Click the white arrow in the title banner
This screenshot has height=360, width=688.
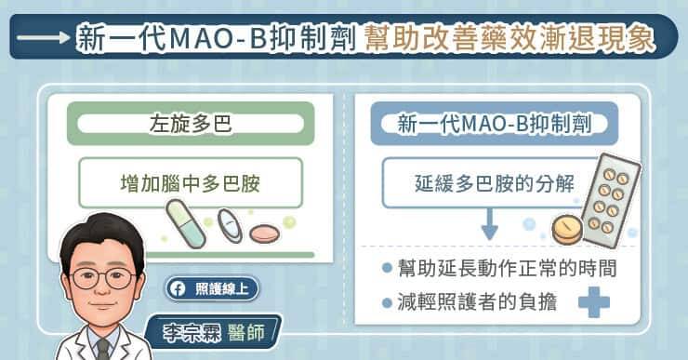click(x=40, y=38)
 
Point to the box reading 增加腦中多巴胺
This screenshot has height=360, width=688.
click(x=191, y=181)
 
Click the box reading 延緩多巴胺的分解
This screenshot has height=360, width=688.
click(x=483, y=181)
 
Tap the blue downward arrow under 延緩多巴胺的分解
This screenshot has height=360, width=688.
click(x=490, y=224)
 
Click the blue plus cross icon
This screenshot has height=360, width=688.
click(x=592, y=302)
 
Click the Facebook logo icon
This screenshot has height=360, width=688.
click(x=176, y=287)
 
